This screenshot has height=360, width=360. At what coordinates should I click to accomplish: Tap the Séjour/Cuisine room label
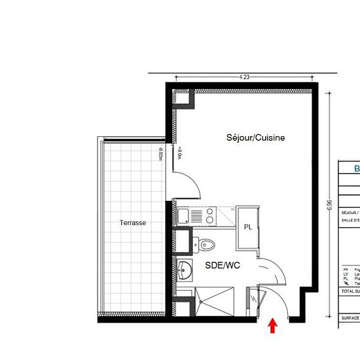click(x=255, y=138)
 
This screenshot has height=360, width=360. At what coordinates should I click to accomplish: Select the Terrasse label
click(x=132, y=223)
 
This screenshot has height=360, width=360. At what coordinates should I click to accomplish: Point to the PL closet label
click(x=248, y=226)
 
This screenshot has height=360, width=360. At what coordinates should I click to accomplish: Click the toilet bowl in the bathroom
click(x=206, y=244)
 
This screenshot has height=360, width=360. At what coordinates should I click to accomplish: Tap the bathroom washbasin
click(x=185, y=268)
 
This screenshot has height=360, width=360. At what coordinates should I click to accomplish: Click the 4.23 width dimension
click(x=244, y=77)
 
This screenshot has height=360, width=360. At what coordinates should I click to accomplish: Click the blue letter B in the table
click(x=357, y=169)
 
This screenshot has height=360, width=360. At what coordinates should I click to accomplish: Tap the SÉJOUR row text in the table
click(x=350, y=213)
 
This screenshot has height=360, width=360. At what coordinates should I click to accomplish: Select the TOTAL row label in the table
click(x=350, y=291)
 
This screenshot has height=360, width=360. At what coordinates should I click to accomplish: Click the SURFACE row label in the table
click(x=350, y=317)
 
